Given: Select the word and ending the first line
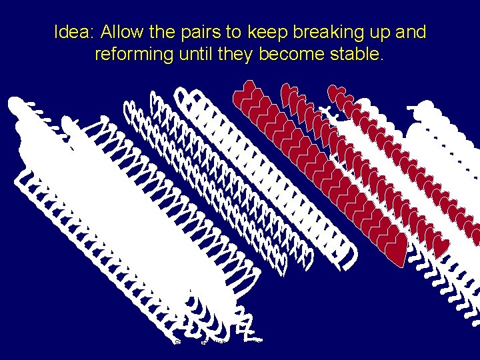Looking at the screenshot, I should (411, 32).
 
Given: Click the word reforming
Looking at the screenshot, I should (133, 55).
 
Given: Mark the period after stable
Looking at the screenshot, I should (382, 59).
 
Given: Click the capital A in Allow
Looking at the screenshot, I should (106, 32).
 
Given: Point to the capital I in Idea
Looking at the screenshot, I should (57, 32).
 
